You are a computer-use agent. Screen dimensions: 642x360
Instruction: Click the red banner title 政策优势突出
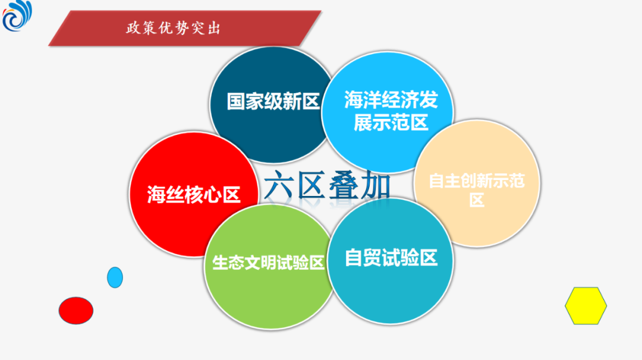click(173, 29)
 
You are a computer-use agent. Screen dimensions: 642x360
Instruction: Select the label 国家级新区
click(273, 101)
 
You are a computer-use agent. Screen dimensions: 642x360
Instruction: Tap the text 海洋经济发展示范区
click(391, 111)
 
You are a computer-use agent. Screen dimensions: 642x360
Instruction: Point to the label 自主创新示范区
click(477, 190)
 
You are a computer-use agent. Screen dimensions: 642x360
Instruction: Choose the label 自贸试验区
click(391, 258)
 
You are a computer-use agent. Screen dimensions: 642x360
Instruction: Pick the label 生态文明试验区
click(269, 263)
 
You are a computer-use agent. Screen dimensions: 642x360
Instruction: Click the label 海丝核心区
click(194, 194)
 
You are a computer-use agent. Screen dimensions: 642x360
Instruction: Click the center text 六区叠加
click(327, 185)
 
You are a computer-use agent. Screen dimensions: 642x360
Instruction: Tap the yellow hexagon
click(586, 305)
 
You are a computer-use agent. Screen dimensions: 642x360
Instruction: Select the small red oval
click(76, 311)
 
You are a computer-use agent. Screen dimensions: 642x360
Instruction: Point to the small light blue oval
click(115, 277)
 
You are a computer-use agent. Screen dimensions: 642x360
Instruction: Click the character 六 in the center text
click(279, 185)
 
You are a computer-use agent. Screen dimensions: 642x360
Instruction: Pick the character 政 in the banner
click(133, 29)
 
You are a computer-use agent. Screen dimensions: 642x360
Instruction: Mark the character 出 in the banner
click(214, 29)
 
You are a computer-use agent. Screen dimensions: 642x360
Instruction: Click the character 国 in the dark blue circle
click(236, 101)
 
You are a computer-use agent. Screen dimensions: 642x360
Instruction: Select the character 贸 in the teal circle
click(373, 258)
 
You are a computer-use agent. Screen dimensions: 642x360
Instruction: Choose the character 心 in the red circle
click(212, 194)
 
